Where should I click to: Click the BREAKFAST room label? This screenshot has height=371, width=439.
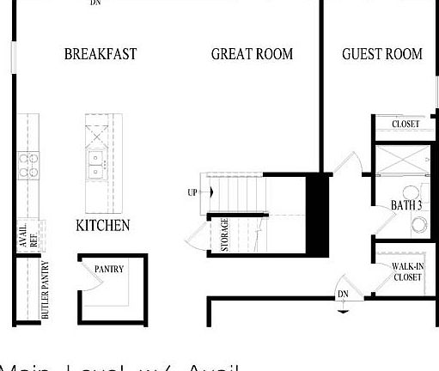100,54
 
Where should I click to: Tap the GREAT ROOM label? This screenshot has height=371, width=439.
252,54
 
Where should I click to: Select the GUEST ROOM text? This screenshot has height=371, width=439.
381,54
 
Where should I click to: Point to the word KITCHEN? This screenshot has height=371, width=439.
103,226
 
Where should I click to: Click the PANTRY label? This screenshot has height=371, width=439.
109,270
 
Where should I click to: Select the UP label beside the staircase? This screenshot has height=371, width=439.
192,192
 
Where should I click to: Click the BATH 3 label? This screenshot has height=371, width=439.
405,206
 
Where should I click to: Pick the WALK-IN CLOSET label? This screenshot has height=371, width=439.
407,272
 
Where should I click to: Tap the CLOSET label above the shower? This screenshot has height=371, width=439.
405,125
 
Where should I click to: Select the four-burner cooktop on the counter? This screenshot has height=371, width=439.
28,164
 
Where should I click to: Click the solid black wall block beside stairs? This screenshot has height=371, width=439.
318,213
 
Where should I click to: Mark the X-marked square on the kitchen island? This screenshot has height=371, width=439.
96,134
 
